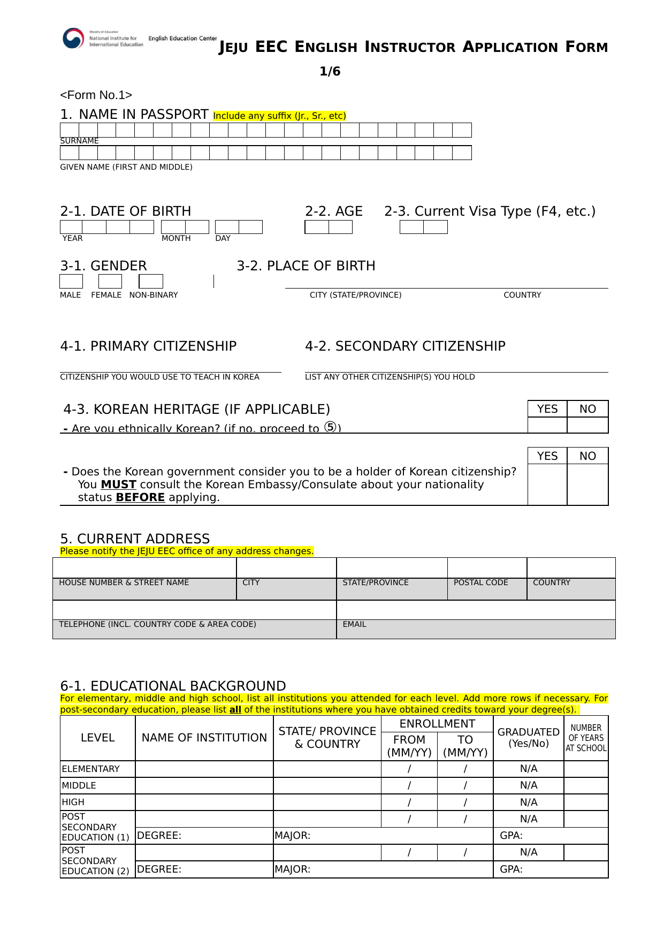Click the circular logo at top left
coord(73,39)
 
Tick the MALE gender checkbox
coord(71,281)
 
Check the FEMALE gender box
coord(110,281)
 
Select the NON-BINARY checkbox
coord(151,281)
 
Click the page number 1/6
coord(330,71)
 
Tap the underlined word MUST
coord(118,484)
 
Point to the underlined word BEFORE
coord(140,497)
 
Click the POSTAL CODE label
coord(480,582)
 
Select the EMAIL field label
coord(354,624)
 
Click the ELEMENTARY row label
coord(91,769)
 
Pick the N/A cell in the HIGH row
coord(529,802)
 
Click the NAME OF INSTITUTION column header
coord(204,738)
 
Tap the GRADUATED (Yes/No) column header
coord(529,738)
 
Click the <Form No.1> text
coord(96,95)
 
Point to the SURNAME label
coord(79,141)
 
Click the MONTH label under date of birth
coord(176,238)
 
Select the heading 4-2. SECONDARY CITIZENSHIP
coord(405,346)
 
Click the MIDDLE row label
coord(79,785)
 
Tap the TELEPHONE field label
coord(157,624)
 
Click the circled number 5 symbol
coord(331,427)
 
